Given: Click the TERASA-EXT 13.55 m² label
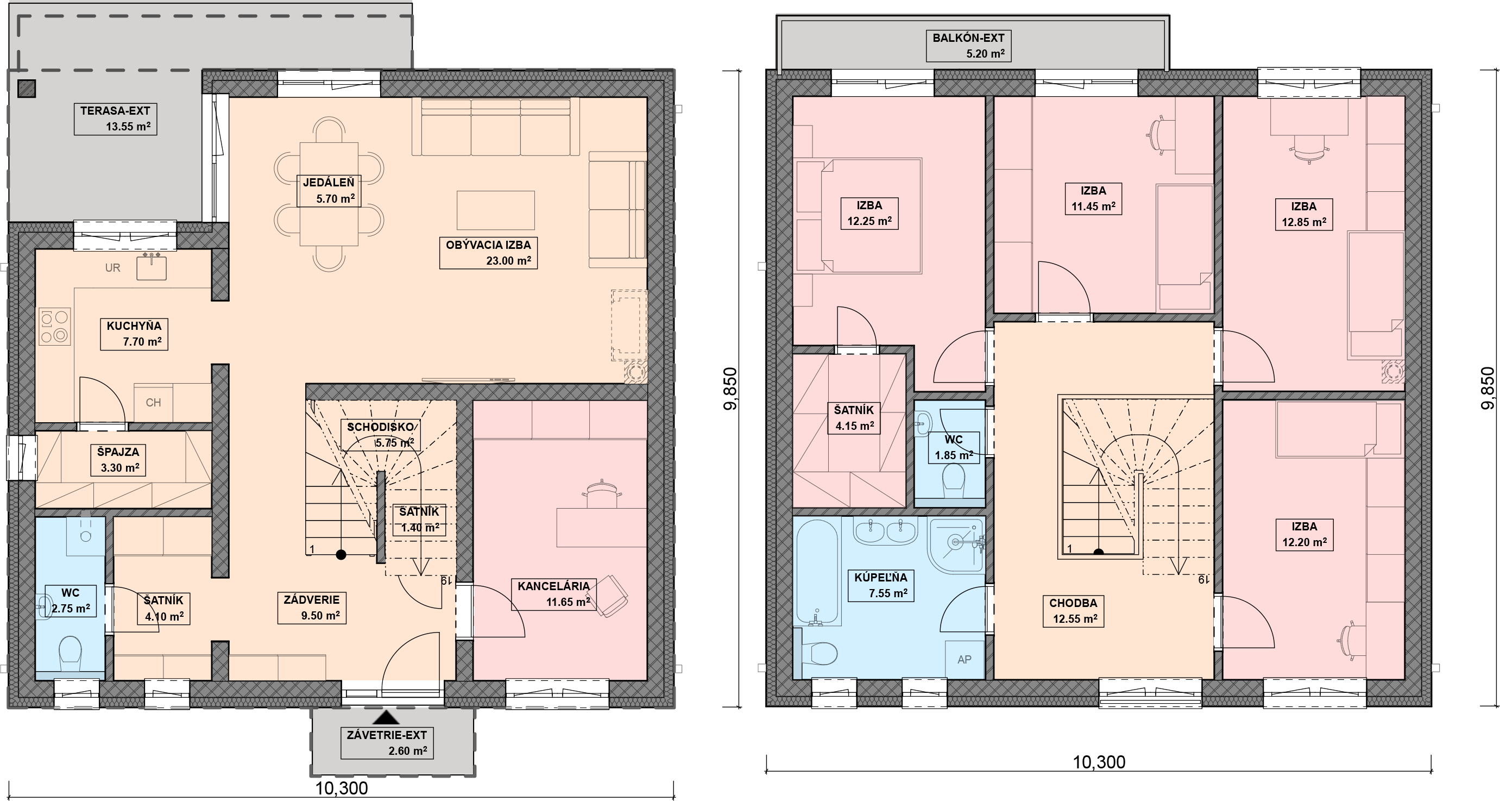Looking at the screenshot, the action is point(115,118).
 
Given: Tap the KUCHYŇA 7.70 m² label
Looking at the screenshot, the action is point(134,334).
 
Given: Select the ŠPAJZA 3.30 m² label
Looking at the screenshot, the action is point(119,460).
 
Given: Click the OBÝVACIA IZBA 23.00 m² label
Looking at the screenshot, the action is point(489,253).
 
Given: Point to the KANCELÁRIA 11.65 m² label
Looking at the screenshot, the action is point(554,594).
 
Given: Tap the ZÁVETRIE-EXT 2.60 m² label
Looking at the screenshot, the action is point(387,743).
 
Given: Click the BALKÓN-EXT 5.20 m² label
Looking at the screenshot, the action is point(968,46).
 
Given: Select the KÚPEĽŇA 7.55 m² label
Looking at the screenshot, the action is point(881,585).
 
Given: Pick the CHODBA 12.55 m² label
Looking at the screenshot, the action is point(1073,611).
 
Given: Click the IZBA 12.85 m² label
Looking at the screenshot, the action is point(1304,214).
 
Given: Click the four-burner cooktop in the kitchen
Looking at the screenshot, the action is point(54,326).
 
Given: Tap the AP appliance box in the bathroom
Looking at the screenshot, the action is point(965,660).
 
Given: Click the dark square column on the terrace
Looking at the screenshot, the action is point(27,88).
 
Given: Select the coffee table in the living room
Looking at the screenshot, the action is point(495,210).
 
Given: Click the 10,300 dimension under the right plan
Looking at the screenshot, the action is point(1099,762).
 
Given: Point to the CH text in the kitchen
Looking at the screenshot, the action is point(153,403).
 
